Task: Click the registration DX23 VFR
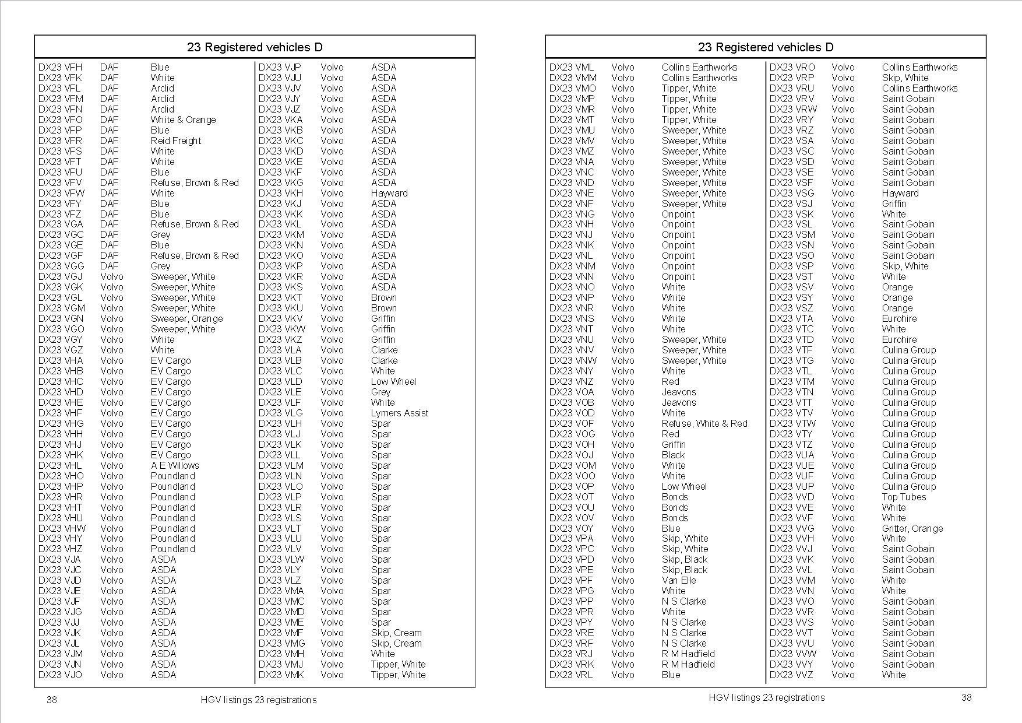[60, 141]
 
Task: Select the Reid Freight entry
[175, 141]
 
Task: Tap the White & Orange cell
[183, 120]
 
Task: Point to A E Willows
[175, 465]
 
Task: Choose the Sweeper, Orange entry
[186, 318]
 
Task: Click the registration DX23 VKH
[280, 193]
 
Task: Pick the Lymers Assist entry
[399, 413]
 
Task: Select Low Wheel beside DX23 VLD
[393, 381]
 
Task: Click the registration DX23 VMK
[281, 675]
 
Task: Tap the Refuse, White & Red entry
[704, 423]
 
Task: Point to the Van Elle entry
[679, 580]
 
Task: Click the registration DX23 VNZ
[571, 381]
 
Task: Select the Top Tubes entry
[904, 497]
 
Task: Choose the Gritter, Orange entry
[912, 528]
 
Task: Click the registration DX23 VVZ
[791, 675]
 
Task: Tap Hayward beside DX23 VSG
[900, 193]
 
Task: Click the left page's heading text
[255, 47]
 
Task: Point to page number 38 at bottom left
[52, 700]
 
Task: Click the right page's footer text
[766, 697]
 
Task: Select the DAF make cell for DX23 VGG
[109, 266]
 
